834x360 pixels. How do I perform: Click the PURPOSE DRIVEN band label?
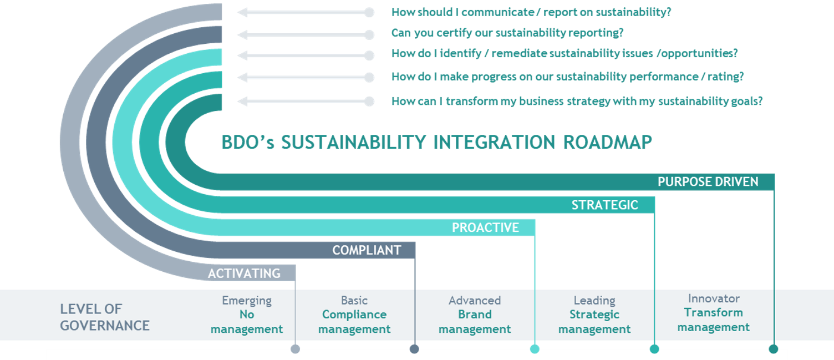[708, 182]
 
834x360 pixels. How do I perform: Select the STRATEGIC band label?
[604, 205]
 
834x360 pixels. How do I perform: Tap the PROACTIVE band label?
[485, 227]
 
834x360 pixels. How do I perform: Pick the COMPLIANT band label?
[367, 250]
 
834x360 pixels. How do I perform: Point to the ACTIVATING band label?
[244, 273]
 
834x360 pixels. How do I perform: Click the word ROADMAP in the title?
[607, 142]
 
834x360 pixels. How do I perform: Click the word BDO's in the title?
[248, 142]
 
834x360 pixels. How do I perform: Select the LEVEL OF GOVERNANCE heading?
[105, 317]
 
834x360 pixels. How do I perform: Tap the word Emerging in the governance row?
[246, 301]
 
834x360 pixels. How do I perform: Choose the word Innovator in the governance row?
[713, 298]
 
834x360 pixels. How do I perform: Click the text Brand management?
[475, 322]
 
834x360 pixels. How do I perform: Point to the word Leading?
[594, 301]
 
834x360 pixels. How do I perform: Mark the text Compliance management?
[354, 322]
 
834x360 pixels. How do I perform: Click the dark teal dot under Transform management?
[774, 349]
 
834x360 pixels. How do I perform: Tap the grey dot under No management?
[295, 349]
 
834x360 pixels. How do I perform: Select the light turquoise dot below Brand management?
[535, 349]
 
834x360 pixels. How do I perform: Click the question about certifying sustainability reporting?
[507, 33]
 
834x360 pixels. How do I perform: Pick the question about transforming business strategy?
[577, 102]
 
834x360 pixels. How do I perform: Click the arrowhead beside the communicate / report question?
[242, 12]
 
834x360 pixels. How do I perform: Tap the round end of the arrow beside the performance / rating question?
[369, 78]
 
